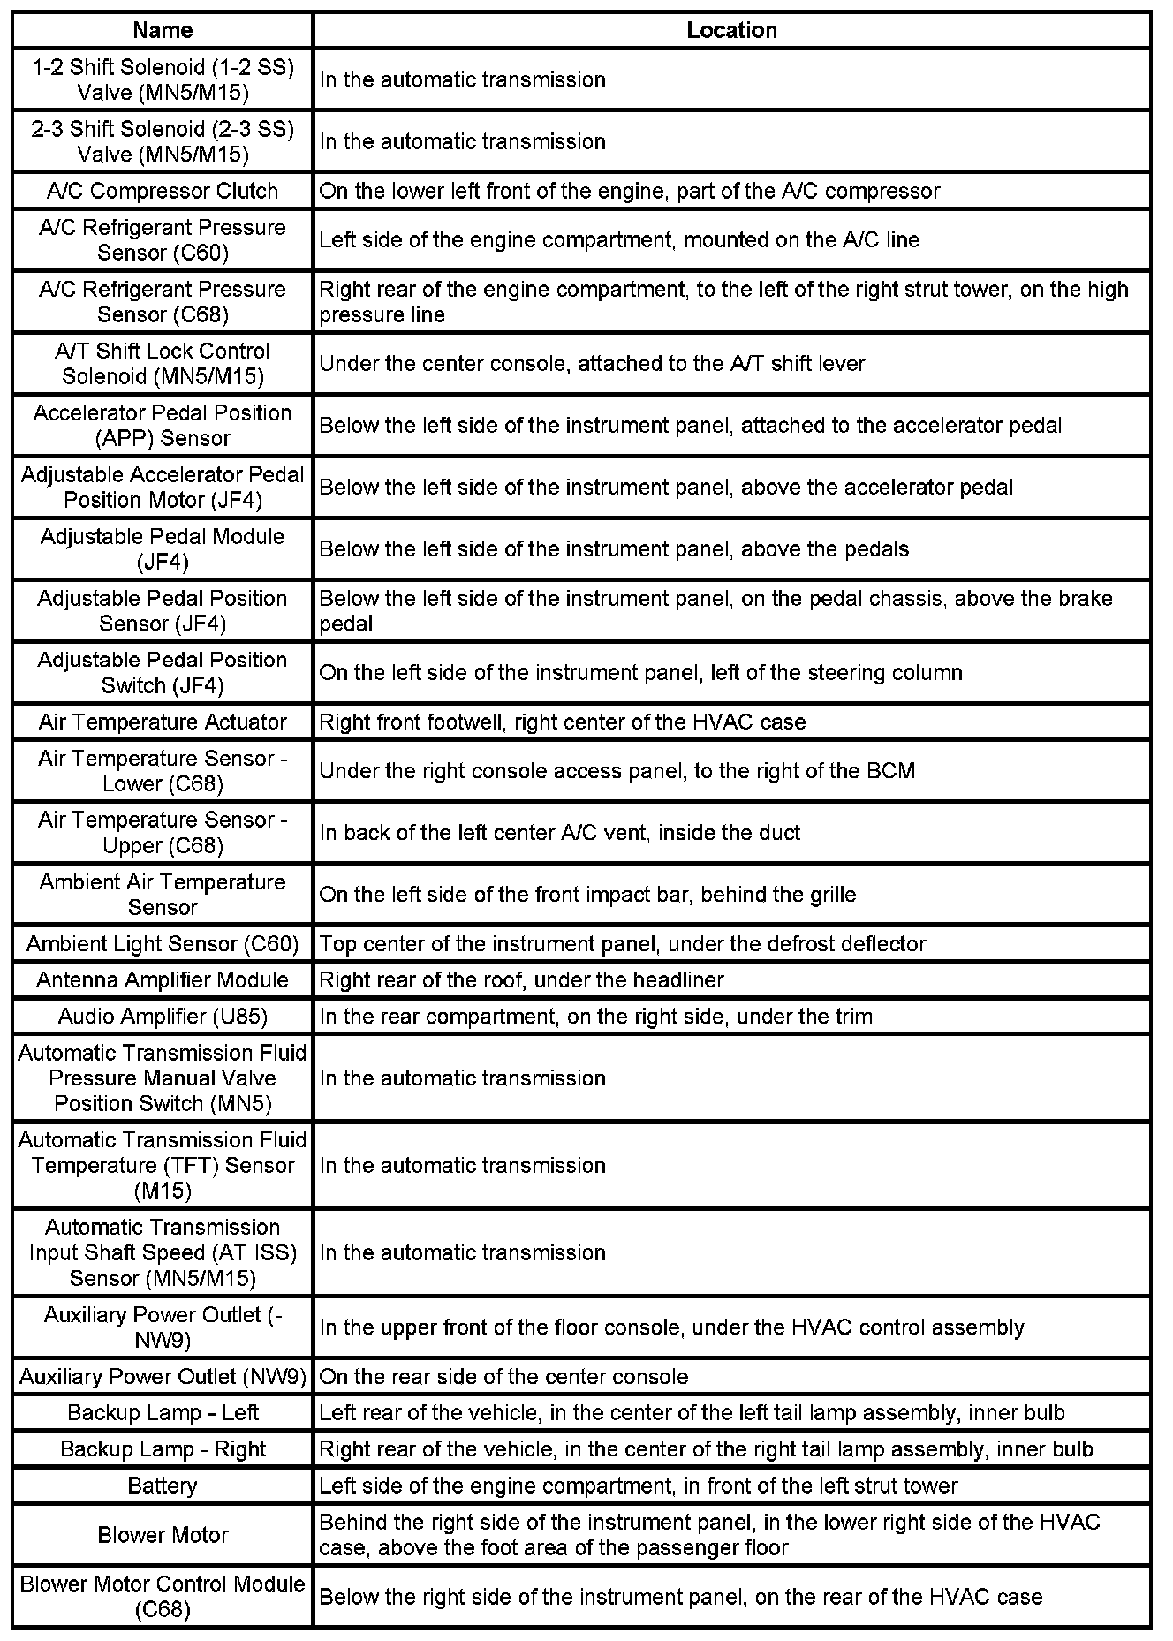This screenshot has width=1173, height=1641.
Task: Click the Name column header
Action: (x=163, y=30)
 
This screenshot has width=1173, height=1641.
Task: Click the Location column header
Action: (x=731, y=30)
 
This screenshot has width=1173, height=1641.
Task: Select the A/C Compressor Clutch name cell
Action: (x=163, y=191)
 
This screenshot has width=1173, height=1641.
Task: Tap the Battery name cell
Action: (x=163, y=1486)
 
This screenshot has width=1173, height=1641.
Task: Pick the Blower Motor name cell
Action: (x=163, y=1535)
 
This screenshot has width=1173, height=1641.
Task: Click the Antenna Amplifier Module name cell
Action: (x=163, y=979)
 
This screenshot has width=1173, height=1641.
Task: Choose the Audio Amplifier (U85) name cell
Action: (x=163, y=1016)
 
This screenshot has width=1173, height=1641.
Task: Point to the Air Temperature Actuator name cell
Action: (x=163, y=722)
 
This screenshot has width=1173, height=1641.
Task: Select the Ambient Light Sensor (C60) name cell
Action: (x=163, y=943)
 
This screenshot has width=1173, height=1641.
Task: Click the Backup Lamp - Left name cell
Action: (x=163, y=1412)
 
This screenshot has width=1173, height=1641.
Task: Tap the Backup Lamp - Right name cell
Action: (x=163, y=1449)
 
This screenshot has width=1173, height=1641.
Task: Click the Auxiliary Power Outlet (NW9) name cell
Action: (x=163, y=1376)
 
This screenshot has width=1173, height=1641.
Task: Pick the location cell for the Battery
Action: (x=731, y=1486)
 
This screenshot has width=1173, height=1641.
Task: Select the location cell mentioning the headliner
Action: (x=731, y=979)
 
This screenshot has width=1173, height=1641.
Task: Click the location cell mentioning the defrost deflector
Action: (x=731, y=943)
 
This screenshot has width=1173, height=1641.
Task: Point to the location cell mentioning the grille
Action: (x=731, y=894)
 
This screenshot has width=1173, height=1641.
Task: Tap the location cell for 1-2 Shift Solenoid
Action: (x=731, y=79)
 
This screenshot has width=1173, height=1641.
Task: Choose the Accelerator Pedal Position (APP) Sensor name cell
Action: (x=163, y=425)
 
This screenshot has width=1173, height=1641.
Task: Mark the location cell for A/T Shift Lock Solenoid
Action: (x=731, y=363)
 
